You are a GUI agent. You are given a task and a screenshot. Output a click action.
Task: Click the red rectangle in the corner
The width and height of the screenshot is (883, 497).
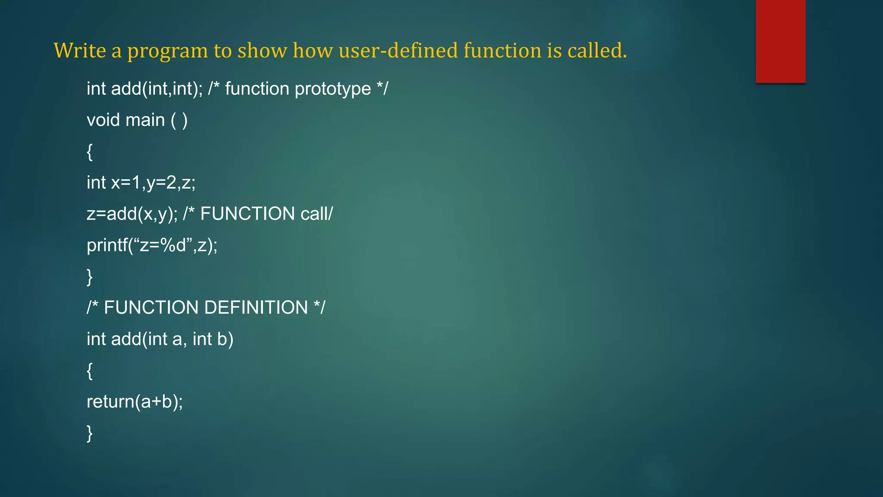point(780,41)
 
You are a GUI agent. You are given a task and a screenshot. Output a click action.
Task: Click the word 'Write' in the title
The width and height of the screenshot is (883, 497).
point(80,50)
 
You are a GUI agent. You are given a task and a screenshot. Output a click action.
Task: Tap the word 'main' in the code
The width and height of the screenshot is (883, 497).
point(145,120)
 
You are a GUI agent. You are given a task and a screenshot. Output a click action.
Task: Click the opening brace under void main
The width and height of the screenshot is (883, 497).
point(90,152)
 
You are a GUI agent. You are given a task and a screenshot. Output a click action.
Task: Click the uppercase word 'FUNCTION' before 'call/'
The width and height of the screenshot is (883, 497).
point(247,214)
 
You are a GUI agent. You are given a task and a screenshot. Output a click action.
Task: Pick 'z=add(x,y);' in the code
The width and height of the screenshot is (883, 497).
point(132,214)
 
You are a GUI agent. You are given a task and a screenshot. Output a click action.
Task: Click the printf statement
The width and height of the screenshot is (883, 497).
point(152,245)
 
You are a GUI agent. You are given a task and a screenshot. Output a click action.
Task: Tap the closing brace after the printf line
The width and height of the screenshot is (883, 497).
point(90,277)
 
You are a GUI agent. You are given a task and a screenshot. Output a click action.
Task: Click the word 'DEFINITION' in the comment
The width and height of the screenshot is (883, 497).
point(256,308)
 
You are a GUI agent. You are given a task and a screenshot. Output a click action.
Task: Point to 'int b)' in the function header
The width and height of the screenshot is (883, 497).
point(213,339)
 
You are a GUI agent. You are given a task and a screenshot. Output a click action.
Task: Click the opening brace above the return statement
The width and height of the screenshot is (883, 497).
point(90,371)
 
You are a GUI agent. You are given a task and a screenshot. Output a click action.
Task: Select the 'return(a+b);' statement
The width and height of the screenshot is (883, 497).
point(135,402)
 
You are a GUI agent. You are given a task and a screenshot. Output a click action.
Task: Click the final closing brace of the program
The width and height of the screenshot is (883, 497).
point(90,433)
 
